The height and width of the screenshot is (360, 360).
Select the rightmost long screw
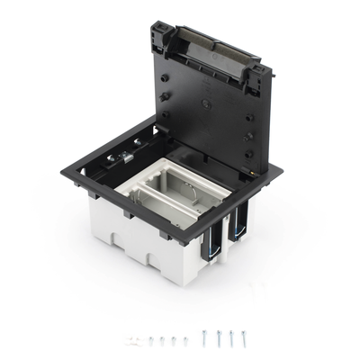pos(243,336)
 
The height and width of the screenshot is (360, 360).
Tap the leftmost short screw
pos(151,340)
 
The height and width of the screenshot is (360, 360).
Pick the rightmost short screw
pos(184,339)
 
